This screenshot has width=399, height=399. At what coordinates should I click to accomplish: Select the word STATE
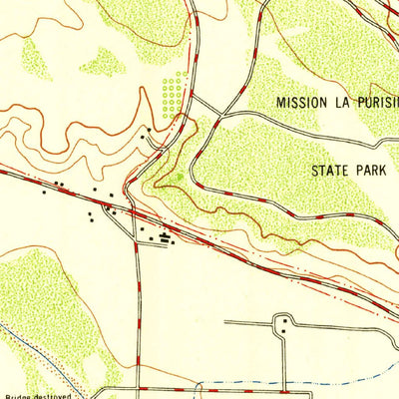[x=331, y=171]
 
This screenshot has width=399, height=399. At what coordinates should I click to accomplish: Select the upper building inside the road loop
[x=285, y=319]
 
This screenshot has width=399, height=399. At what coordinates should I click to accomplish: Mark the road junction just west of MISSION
[x=221, y=114]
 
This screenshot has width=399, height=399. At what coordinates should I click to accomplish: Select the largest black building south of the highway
[x=166, y=236]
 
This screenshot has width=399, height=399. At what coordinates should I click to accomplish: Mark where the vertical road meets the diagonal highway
[x=133, y=211]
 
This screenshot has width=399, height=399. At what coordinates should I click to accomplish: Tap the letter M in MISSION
[x=281, y=102]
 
